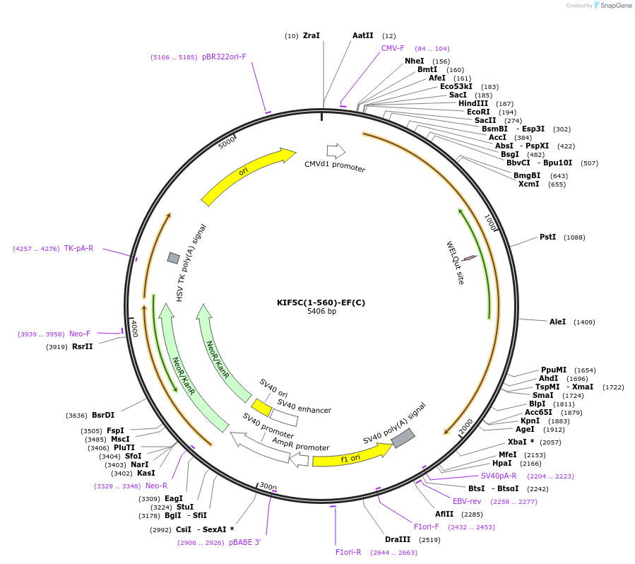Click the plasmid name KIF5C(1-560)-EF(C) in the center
[321, 302]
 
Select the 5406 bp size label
[321, 311]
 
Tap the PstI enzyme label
[547, 237]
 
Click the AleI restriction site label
[557, 322]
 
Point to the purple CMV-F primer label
[393, 48]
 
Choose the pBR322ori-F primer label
[224, 57]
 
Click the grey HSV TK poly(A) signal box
[173, 258]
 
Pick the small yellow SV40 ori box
[261, 408]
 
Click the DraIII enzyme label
[398, 539]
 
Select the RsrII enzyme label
[82, 346]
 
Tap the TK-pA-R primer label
[78, 248]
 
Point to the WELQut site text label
[455, 262]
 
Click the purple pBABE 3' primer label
[244, 542]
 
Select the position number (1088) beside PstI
[574, 237]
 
